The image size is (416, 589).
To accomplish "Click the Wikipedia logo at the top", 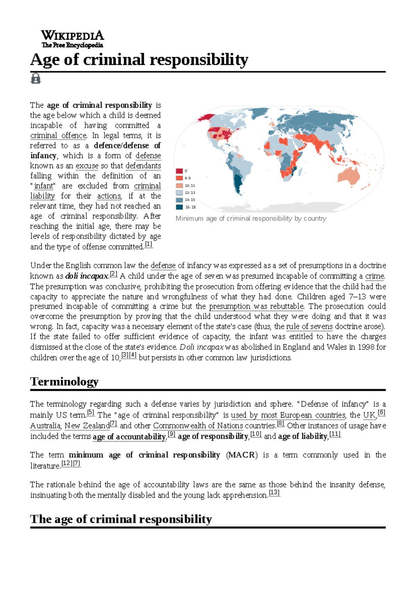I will click(72, 39).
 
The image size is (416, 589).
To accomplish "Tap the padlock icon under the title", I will click(35, 78).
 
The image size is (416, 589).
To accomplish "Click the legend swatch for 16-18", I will click(179, 207).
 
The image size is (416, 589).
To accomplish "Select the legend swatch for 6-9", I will click(179, 178).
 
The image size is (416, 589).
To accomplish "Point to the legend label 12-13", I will click(190, 193).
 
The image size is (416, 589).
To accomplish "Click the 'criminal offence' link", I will click(58, 135).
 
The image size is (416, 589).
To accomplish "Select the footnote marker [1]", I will click(148, 244).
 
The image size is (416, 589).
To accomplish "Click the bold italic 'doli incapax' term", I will click(87, 276).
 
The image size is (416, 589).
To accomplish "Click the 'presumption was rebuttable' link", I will click(257, 306).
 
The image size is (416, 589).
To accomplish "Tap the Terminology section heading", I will click(64, 382).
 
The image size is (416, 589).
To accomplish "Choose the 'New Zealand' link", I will click(87, 426).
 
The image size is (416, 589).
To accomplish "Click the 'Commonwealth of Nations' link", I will click(198, 426).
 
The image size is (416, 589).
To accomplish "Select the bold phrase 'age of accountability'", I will click(129, 437).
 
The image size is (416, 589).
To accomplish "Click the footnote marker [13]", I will click(274, 493).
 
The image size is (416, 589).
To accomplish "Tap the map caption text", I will click(251, 219).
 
